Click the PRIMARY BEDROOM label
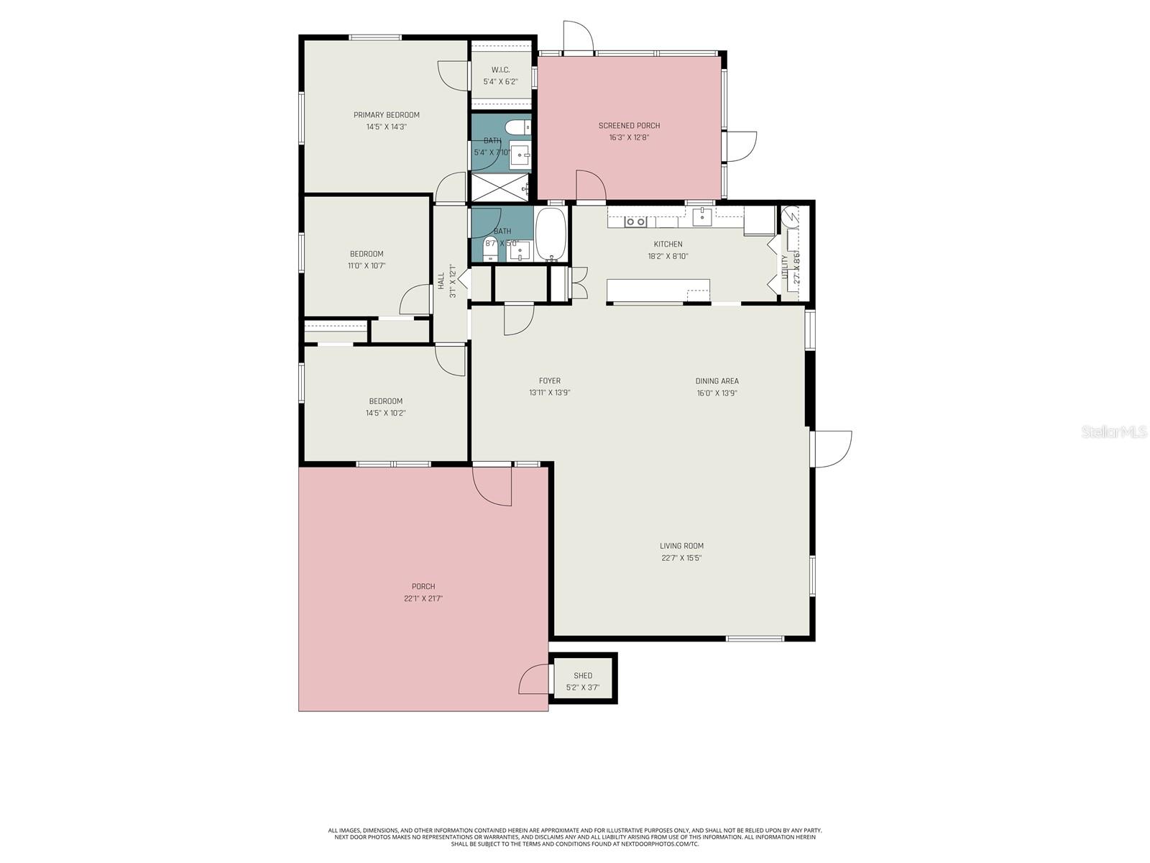tap(386, 115)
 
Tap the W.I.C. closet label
tap(500, 70)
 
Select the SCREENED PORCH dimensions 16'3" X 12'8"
tap(629, 137)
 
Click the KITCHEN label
tap(668, 245)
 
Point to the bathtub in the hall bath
tap(551, 234)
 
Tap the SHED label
tap(583, 676)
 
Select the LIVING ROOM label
tap(681, 546)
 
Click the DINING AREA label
tap(717, 381)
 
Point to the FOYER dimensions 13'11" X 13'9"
tap(550, 393)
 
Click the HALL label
tap(441, 281)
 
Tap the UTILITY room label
tap(785, 267)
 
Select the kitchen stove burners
tap(636, 222)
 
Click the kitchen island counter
tap(658, 290)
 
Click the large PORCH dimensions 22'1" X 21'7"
tap(423, 598)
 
